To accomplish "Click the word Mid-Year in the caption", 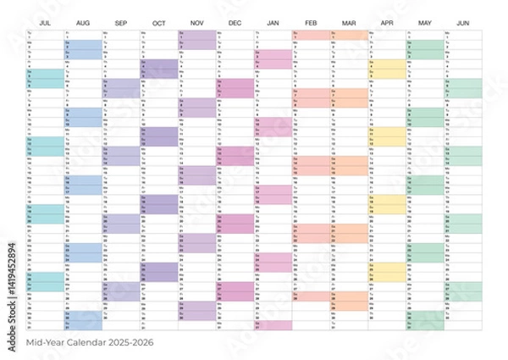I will [x=48, y=342].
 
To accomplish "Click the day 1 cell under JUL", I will [x=46, y=34].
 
